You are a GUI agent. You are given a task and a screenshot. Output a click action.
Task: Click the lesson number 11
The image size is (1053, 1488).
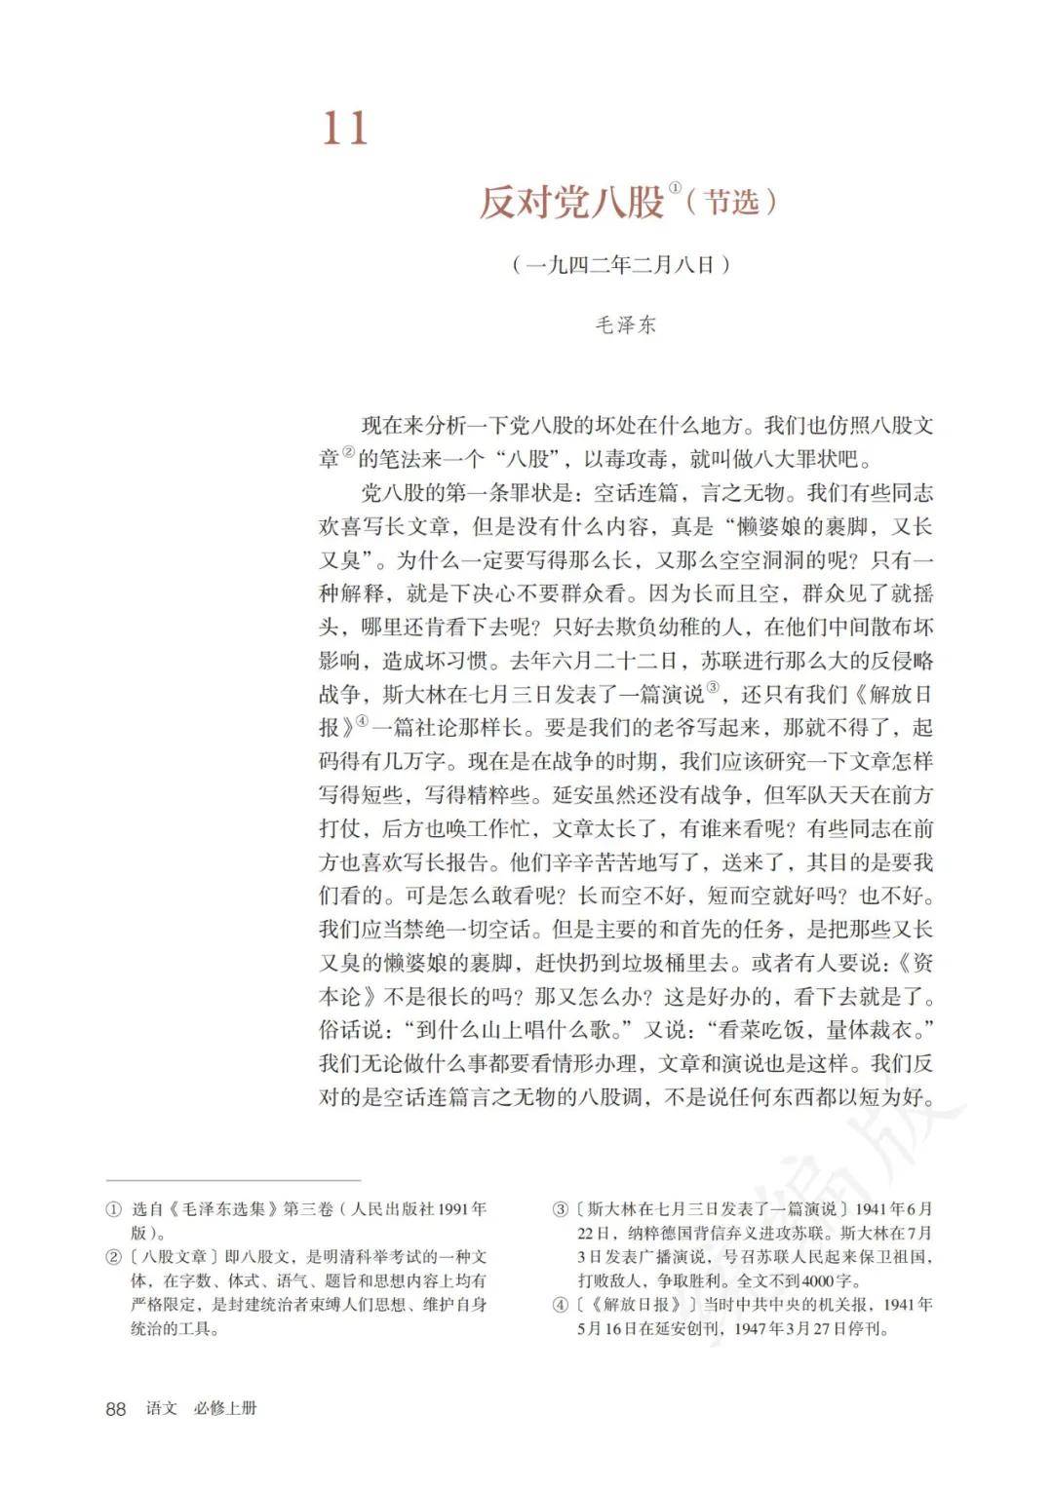pyautogui.click(x=346, y=129)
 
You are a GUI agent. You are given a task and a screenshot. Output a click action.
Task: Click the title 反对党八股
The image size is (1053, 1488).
pyautogui.click(x=571, y=202)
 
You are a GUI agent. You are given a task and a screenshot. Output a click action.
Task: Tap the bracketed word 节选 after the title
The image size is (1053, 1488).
pyautogui.click(x=731, y=202)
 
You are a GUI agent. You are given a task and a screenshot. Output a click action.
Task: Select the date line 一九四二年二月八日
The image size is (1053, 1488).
pyautogui.click(x=621, y=264)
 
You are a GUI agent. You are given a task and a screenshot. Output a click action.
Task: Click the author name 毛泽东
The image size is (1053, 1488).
pyautogui.click(x=625, y=325)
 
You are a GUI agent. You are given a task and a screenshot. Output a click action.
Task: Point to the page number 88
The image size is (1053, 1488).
pyautogui.click(x=116, y=1409)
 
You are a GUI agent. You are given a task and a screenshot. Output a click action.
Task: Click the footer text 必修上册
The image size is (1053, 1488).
pyautogui.click(x=225, y=1409)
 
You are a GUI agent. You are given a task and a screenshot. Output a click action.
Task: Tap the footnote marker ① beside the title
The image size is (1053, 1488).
pyautogui.click(x=675, y=185)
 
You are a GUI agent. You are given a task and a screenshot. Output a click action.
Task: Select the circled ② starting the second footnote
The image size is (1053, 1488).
pyautogui.click(x=114, y=1256)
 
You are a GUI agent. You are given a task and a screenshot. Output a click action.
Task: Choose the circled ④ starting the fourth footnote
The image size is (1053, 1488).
pyautogui.click(x=560, y=1305)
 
